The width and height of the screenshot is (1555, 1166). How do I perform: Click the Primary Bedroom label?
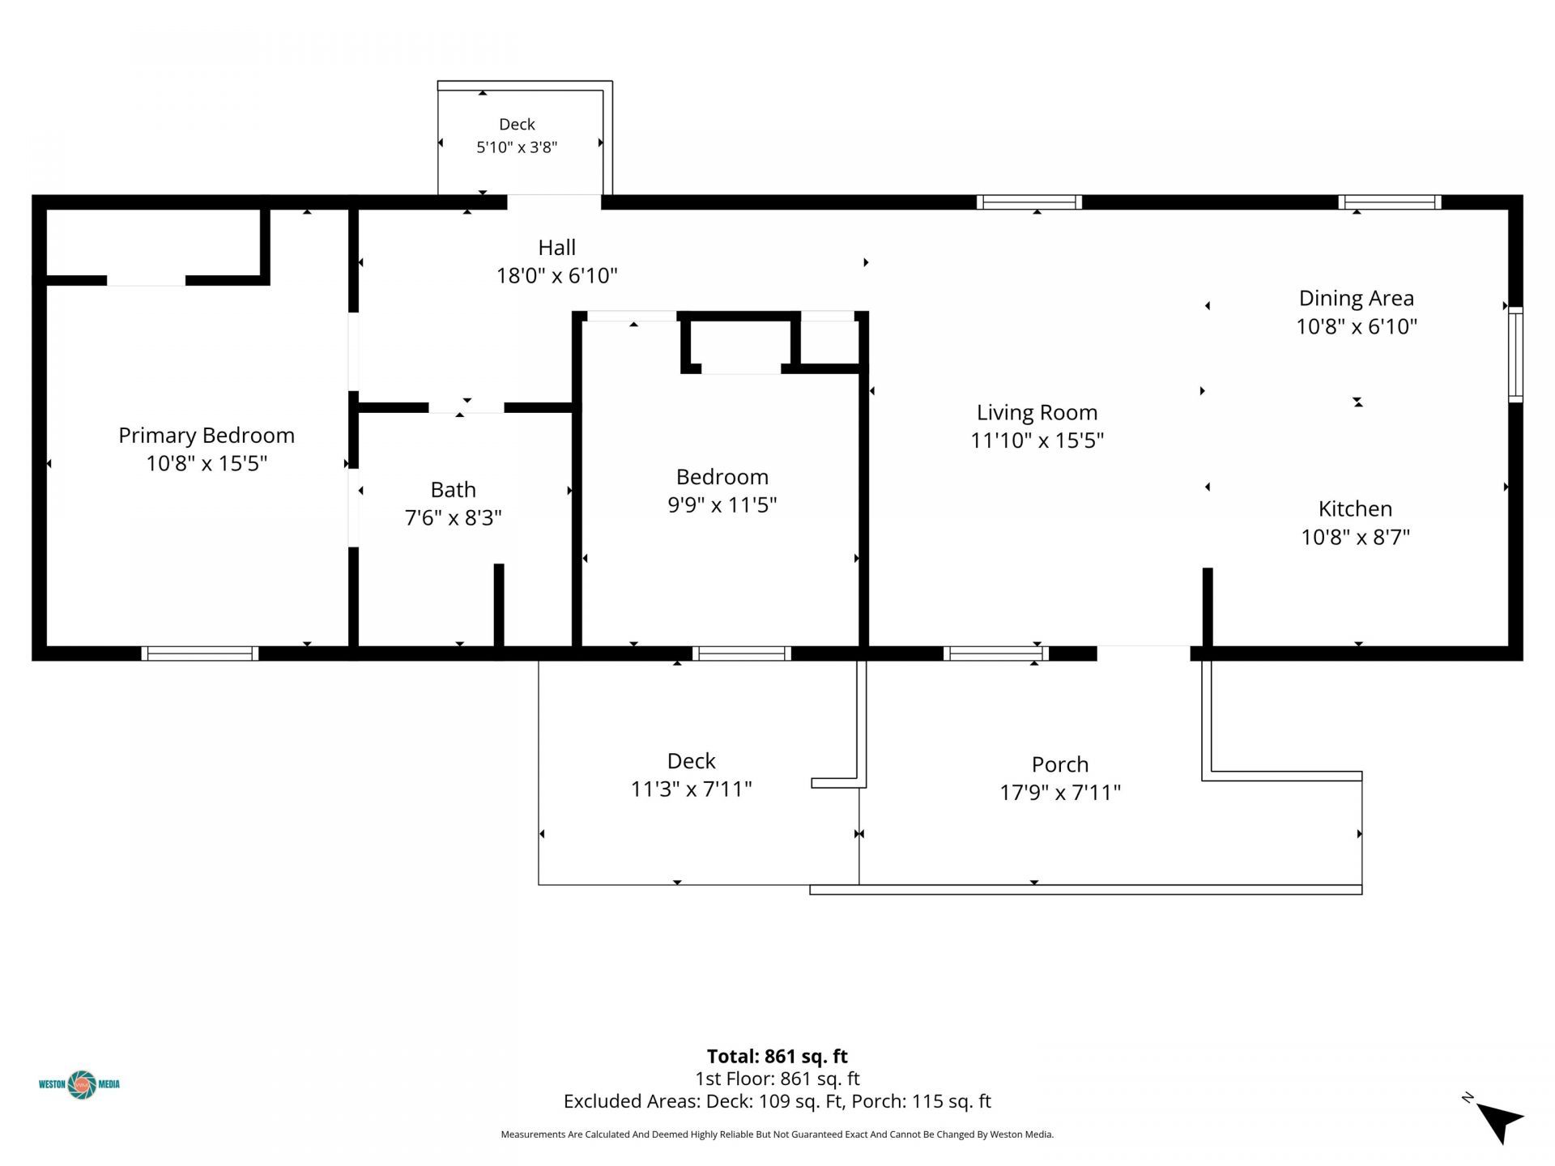pyautogui.click(x=207, y=436)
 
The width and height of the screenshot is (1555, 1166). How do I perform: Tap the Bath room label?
pyautogui.click(x=453, y=490)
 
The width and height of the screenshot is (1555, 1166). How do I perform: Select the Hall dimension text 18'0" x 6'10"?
pyautogui.click(x=557, y=276)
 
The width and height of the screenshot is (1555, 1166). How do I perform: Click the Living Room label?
pyautogui.click(x=1037, y=413)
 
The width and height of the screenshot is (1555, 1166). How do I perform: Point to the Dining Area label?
pyautogui.click(x=1357, y=299)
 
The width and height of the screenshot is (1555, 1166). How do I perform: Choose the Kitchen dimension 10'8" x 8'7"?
pyautogui.click(x=1356, y=538)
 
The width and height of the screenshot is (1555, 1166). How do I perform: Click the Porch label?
pyautogui.click(x=1060, y=764)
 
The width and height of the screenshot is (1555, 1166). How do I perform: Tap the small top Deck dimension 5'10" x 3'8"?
pyautogui.click(x=517, y=147)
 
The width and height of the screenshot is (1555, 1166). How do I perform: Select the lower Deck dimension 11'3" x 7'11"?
pyautogui.click(x=692, y=789)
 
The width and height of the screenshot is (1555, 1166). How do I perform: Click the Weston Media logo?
pyautogui.click(x=80, y=1084)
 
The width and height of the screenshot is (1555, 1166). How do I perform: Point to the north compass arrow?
pyautogui.click(x=1500, y=1121)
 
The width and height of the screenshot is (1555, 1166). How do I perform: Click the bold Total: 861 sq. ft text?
pyautogui.click(x=777, y=1057)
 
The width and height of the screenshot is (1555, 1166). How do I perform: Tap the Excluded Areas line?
pyautogui.click(x=777, y=1101)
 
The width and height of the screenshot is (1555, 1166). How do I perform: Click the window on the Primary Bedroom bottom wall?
pyautogui.click(x=200, y=653)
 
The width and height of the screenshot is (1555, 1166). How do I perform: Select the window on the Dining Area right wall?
pyautogui.click(x=1515, y=355)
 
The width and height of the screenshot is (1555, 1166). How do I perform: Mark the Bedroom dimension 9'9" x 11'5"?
pyautogui.click(x=722, y=505)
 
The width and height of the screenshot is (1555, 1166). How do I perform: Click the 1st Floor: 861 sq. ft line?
pyautogui.click(x=777, y=1079)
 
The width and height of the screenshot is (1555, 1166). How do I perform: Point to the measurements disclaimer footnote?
pyautogui.click(x=777, y=1134)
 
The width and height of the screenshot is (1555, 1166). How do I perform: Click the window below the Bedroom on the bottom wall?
pyautogui.click(x=741, y=653)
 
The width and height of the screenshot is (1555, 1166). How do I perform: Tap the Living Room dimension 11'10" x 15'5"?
pyautogui.click(x=1037, y=441)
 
